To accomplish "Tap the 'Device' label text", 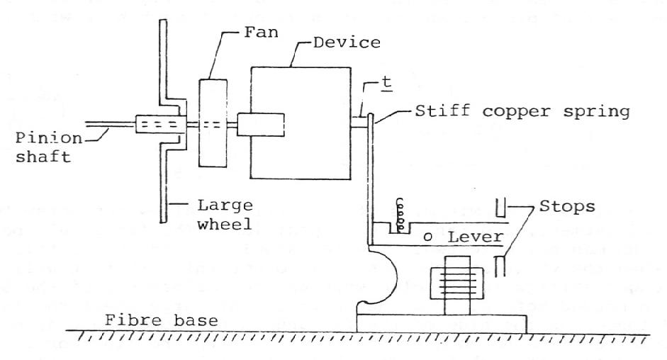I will click(347, 43).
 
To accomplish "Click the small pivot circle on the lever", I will click(427, 235).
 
